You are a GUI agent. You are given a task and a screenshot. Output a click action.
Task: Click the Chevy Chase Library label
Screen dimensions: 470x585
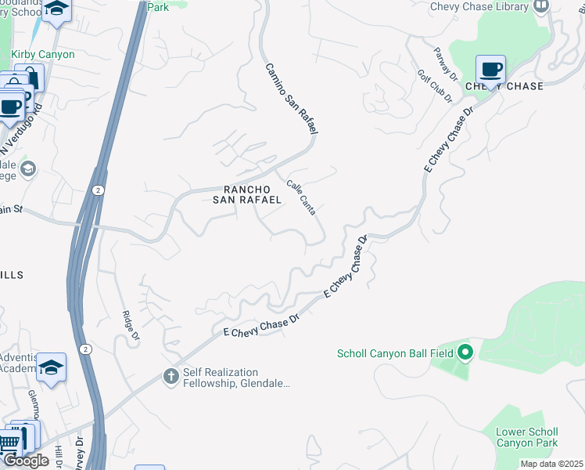[x=479, y=7]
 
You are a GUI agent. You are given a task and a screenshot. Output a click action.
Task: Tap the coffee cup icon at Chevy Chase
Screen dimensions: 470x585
[x=490, y=70]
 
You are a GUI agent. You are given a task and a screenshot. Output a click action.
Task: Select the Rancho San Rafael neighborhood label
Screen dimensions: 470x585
[x=247, y=194]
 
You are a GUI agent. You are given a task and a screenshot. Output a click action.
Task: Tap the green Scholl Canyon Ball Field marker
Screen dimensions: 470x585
[x=465, y=353]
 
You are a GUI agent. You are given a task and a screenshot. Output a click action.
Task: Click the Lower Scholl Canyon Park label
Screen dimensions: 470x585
[x=527, y=437]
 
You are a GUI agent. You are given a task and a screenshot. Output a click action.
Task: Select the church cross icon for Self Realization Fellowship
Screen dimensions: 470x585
[x=170, y=378]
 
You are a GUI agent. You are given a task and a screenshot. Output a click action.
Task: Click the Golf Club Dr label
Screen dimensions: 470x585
[x=435, y=86]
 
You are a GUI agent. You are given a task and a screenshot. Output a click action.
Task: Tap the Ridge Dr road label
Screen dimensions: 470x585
[x=130, y=326]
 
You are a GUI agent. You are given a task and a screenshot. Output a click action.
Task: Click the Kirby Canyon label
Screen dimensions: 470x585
[x=43, y=55]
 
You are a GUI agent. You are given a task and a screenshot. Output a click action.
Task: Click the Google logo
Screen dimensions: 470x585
[x=26, y=461]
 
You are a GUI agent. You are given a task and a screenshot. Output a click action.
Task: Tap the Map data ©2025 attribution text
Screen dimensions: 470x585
[x=551, y=465]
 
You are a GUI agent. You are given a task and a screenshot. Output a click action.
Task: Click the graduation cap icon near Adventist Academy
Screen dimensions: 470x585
[x=51, y=367]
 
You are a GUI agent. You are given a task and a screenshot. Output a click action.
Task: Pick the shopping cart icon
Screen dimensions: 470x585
[x=9, y=443]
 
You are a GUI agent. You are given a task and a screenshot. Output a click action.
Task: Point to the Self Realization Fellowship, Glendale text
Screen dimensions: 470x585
[x=236, y=378]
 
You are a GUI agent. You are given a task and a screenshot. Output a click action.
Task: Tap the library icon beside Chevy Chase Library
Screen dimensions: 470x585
[x=540, y=6]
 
